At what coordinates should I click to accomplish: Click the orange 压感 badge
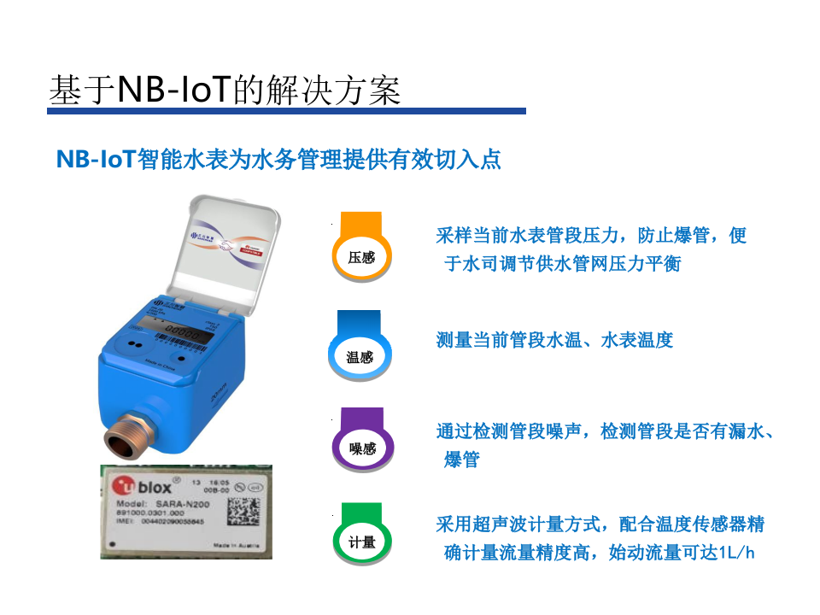point(361,247)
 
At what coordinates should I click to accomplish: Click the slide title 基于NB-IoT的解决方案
point(225,90)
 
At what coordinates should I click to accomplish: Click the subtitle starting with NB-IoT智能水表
point(278,160)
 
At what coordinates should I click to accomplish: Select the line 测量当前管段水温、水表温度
point(554,340)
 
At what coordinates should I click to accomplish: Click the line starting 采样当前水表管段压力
point(591,235)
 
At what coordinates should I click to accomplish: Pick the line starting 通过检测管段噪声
point(605,431)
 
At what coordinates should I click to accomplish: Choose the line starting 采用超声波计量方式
point(600,524)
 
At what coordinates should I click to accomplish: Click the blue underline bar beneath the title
point(286,111)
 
